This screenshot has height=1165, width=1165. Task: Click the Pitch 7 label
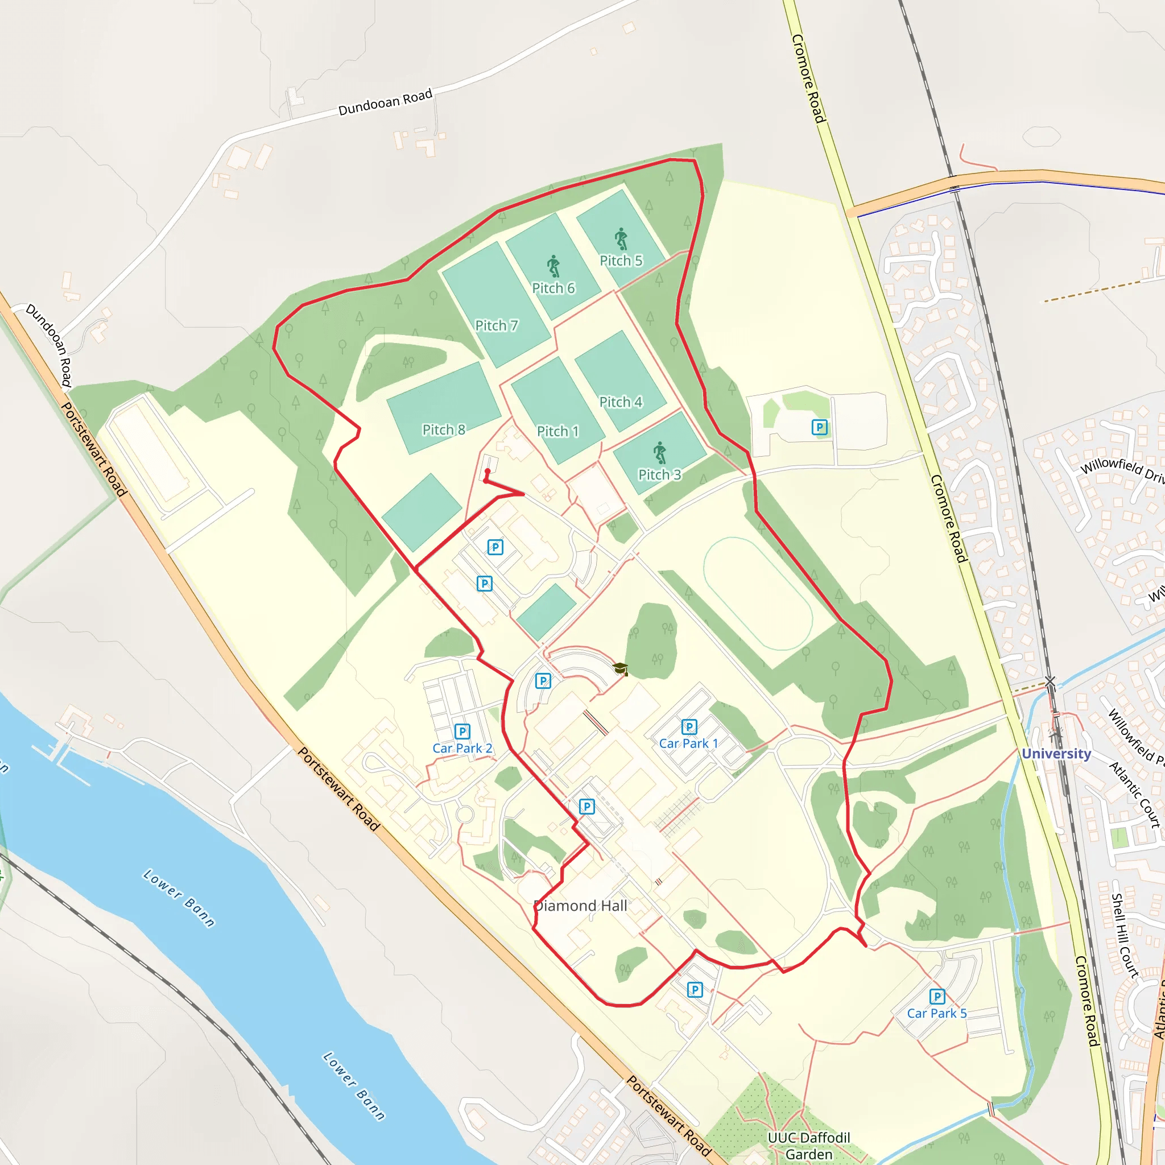coord(496,325)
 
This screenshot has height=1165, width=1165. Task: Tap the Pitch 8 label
coord(443,430)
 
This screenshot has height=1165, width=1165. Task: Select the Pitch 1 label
coord(558,431)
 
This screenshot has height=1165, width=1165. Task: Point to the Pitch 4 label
coord(621,402)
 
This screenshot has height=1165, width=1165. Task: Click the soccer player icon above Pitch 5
coord(621,239)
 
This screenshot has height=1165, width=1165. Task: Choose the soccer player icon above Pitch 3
coord(660,452)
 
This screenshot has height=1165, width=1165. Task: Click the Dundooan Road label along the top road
coord(385,102)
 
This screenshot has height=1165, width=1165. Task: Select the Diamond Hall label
coord(581,906)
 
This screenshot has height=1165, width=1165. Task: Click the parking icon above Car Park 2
coord(462,732)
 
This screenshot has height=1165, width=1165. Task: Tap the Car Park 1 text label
coord(689,743)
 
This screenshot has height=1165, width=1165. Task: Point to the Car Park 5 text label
coord(936,1013)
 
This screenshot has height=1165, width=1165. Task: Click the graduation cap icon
coord(621,669)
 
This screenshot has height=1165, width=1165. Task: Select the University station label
coord(1056,754)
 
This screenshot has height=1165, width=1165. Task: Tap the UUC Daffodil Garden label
coord(809,1145)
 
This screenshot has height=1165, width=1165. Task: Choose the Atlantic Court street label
coord(1134,794)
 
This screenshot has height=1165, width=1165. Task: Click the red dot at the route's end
coord(488,471)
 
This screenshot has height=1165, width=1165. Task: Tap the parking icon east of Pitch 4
coord(819,428)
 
